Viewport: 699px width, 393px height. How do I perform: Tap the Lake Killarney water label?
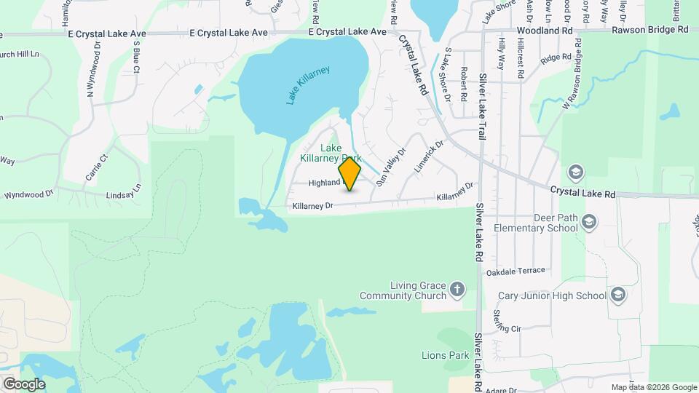(x=308, y=85)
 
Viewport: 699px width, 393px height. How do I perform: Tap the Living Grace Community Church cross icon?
(x=457, y=289)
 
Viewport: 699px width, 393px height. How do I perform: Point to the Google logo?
(x=24, y=384)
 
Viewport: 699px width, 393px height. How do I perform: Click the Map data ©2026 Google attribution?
(x=653, y=387)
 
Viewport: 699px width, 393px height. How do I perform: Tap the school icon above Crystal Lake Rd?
(x=575, y=171)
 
